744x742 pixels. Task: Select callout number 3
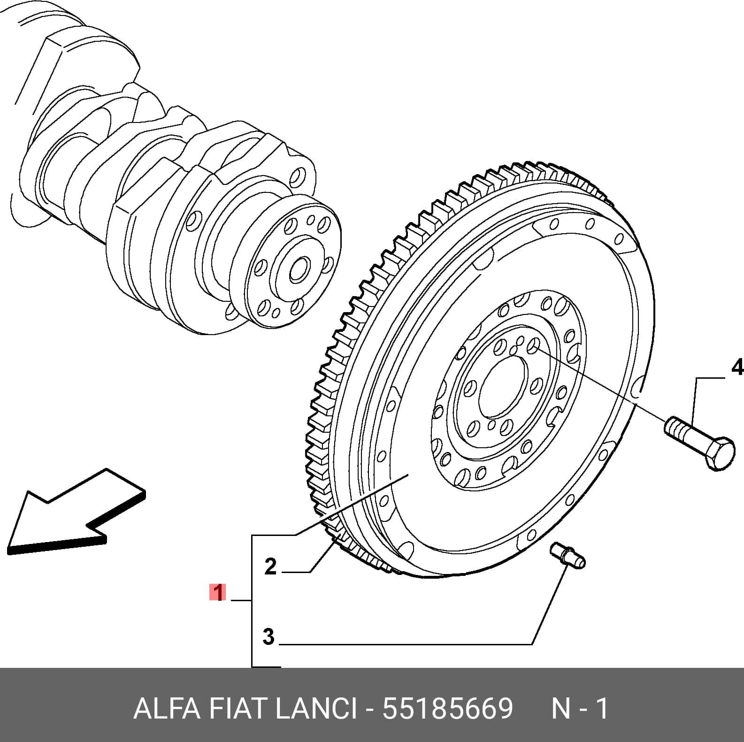pos(268,637)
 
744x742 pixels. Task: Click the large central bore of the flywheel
pos(503,386)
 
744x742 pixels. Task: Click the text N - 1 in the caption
pos(580,709)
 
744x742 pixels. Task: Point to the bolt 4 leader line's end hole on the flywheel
pos(533,347)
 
